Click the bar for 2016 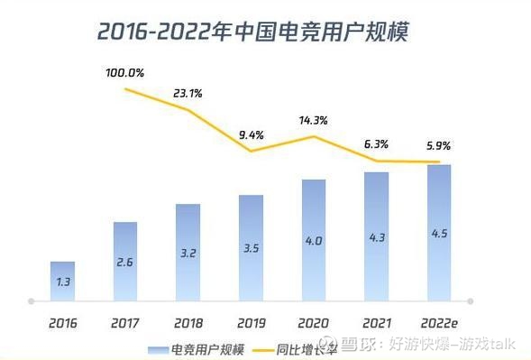point(62,281)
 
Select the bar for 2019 point(251,247)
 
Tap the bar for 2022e point(438,232)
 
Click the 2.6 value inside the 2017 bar point(125,262)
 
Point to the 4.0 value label point(313,241)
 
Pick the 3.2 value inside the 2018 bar point(188,254)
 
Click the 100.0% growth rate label point(124,72)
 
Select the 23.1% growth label point(187,92)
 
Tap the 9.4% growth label point(250,134)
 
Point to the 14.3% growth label point(313,120)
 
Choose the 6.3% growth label point(376,143)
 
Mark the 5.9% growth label point(438,145)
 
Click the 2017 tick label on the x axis point(125,321)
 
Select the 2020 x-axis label point(313,321)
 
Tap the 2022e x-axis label point(438,321)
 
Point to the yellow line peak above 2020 point(314,137)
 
